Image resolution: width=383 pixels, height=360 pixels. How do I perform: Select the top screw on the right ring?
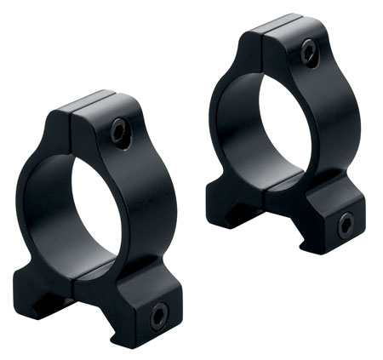pyautogui.click(x=309, y=53)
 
